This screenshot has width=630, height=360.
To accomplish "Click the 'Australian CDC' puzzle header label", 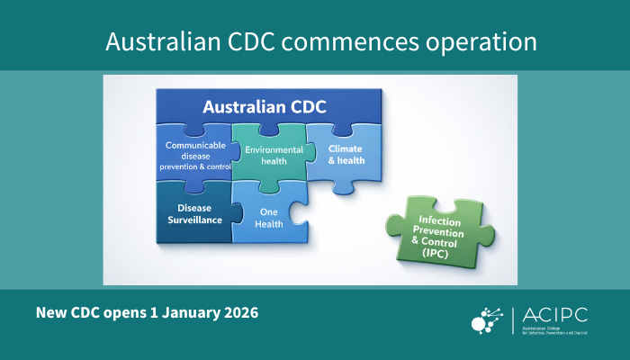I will pos(265,107).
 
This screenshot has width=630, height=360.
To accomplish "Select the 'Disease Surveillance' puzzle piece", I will pos(193,213).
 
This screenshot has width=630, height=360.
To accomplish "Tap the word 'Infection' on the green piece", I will pos(434,220).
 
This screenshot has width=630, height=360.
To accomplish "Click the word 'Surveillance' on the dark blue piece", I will pos(193,220).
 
